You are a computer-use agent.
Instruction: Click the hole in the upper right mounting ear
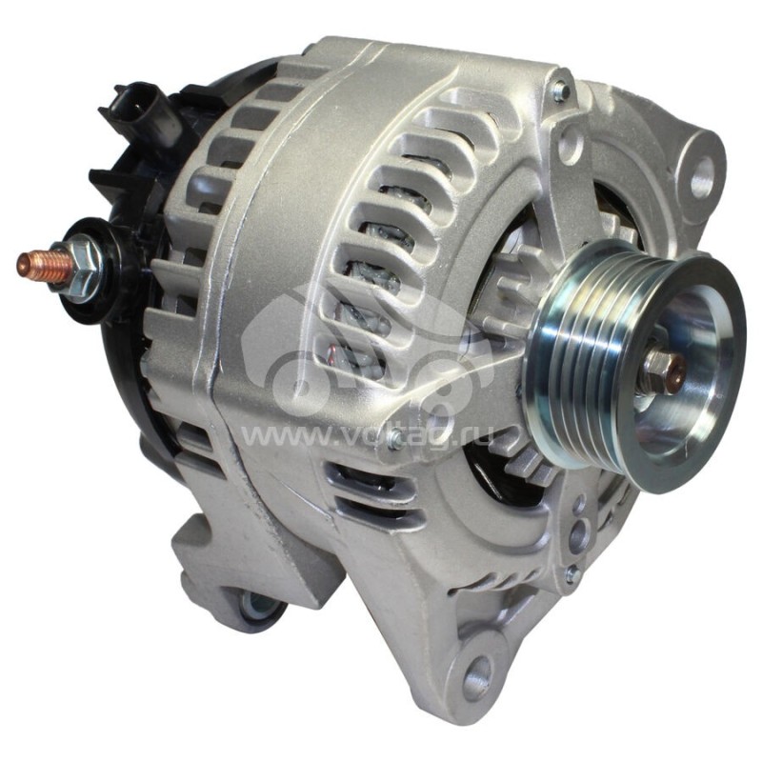[x=702, y=175]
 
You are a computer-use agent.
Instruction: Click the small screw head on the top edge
[x=560, y=91]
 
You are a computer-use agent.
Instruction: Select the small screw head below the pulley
[x=571, y=574]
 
